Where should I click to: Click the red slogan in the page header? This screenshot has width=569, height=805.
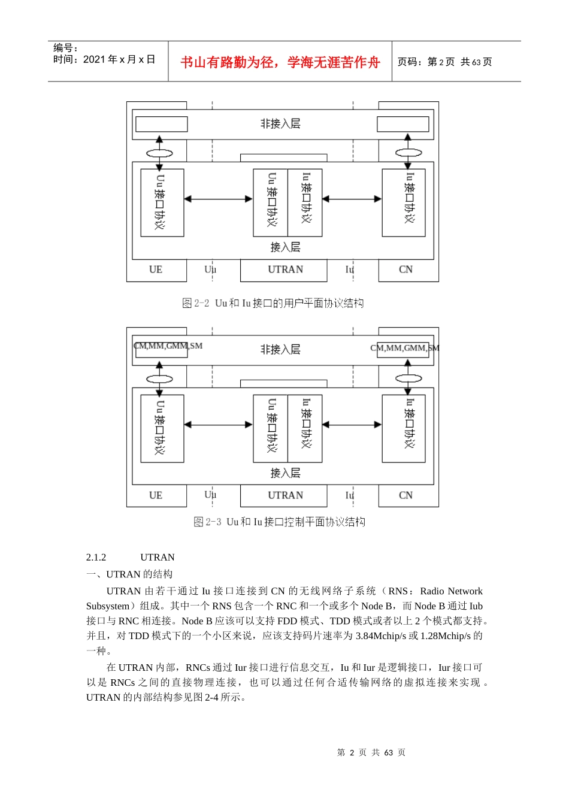point(280,62)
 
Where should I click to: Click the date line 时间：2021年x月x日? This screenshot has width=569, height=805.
point(104,59)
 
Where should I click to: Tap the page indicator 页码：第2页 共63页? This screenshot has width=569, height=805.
point(444,62)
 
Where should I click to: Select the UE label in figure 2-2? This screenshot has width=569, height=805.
point(156,270)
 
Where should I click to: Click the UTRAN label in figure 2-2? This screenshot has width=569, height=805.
point(285,270)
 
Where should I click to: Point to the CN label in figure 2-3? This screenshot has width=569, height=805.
point(405,495)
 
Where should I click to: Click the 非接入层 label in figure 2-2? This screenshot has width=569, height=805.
point(280,124)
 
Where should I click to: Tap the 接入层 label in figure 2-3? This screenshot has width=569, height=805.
point(285,473)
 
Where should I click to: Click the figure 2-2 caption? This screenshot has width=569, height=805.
point(273,303)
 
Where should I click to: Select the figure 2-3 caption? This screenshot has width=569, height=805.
point(279,522)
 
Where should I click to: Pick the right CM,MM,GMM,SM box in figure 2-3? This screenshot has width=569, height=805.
point(403,349)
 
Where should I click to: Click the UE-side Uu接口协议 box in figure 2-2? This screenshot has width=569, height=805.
point(162,202)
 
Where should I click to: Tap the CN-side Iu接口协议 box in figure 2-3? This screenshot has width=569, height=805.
point(404,428)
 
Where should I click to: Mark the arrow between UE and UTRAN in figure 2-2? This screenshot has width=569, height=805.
point(218,199)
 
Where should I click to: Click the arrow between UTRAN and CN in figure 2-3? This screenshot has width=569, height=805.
point(352,425)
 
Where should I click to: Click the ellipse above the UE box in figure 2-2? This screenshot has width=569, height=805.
point(159,153)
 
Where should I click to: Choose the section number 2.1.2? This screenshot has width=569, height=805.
point(96,557)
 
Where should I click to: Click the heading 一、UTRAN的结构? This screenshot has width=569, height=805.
point(129,574)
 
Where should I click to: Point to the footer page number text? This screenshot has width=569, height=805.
point(371,752)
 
